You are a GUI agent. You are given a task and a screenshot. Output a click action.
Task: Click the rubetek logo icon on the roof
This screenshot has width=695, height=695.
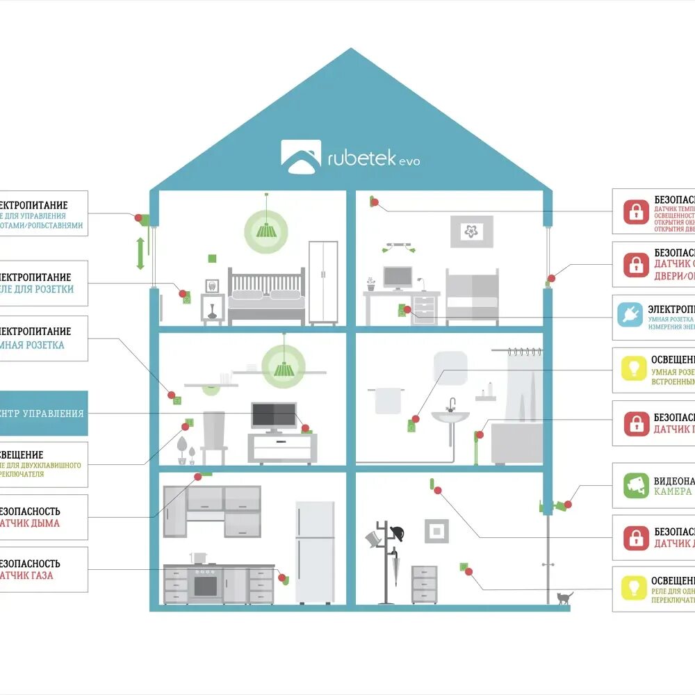pos(300,156)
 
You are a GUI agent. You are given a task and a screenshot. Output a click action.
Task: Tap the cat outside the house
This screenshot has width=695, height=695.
pos(564,598)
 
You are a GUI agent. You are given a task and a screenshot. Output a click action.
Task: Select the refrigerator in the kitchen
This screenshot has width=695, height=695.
pos(315,552)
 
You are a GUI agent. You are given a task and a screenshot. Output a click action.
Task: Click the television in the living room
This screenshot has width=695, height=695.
pos(273,416)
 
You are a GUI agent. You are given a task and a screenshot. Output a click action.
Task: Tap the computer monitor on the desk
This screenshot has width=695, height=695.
pos(398,277)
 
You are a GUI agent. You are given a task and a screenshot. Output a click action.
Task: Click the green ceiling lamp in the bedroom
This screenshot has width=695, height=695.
pos(265,228)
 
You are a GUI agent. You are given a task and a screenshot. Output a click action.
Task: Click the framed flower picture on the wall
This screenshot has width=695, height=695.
pos(471,231)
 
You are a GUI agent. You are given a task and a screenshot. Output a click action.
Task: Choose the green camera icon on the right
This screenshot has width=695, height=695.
pos(635,484)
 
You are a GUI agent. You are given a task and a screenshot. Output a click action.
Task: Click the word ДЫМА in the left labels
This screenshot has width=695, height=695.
pos(45,523)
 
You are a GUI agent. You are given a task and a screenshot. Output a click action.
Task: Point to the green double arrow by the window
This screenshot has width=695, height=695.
pos(140,254)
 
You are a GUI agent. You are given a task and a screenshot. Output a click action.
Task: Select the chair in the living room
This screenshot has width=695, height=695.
pos(213,438)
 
